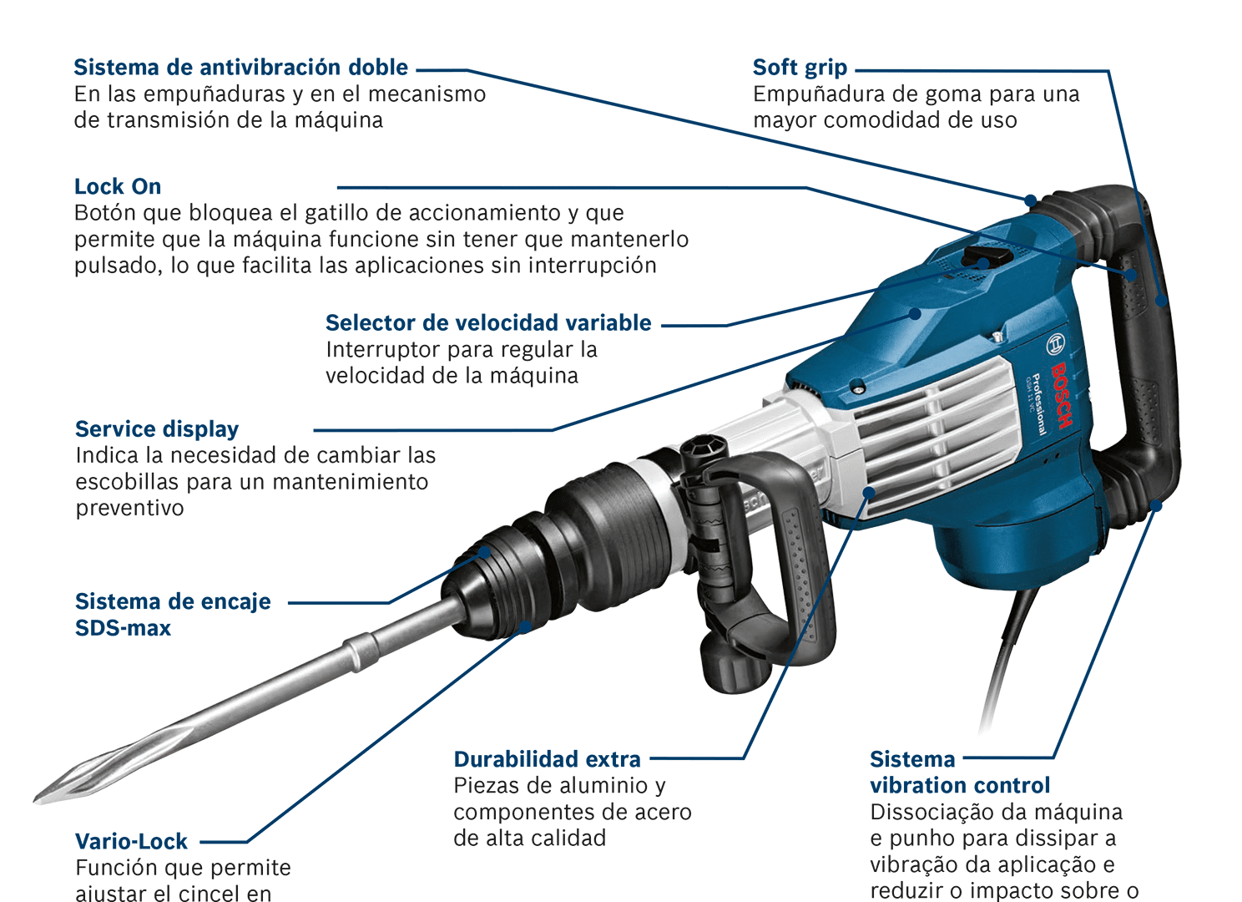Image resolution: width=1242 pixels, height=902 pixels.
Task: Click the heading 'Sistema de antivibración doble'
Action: [x=240, y=68]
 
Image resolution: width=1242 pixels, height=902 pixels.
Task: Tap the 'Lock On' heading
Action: [x=118, y=187]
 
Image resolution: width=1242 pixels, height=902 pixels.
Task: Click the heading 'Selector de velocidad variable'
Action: [x=488, y=323]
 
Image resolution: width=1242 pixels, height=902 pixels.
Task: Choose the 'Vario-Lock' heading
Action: [x=131, y=842]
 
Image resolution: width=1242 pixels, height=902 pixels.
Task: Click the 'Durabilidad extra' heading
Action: [x=547, y=759]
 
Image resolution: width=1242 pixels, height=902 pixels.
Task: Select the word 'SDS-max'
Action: [x=123, y=628]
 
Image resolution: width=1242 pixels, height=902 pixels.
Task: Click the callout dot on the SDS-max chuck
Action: [x=485, y=553]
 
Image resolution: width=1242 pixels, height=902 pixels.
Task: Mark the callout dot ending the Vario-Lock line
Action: [x=525, y=627]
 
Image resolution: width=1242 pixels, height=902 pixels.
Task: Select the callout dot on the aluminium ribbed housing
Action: [x=869, y=492]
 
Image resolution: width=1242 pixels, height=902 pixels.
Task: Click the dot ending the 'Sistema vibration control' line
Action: [x=1156, y=505]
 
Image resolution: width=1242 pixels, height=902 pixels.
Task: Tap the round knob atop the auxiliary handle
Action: [x=703, y=448]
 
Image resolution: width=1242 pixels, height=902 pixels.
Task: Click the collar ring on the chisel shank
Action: [x=360, y=651]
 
